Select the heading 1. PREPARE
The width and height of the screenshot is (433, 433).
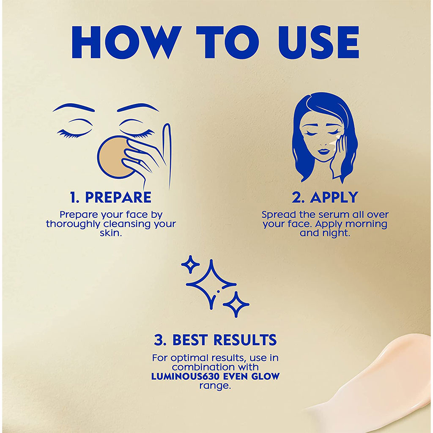[x=111, y=197]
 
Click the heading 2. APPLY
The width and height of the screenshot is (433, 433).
[x=325, y=197]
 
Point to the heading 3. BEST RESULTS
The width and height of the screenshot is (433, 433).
[x=215, y=340]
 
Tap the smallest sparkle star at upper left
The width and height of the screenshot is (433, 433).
[x=190, y=265]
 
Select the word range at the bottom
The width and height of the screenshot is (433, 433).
[x=215, y=386]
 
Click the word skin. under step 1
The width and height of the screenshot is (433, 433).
[x=111, y=233]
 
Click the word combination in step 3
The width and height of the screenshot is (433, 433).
[x=200, y=367]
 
